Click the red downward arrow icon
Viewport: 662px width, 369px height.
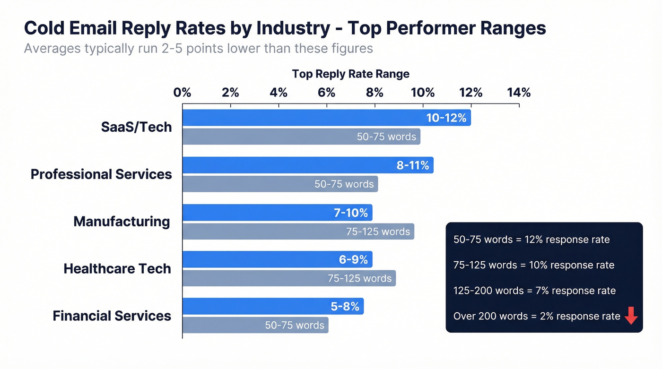coord(631,316)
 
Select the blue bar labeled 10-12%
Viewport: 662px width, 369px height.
coord(326,118)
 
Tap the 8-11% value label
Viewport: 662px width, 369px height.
coord(412,165)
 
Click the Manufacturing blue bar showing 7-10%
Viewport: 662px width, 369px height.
coord(278,213)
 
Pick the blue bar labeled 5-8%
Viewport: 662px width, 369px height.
coord(273,306)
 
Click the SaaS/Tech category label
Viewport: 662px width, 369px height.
coord(136,127)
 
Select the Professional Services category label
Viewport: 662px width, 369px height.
coord(101,174)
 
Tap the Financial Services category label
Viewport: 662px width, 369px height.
coord(112,316)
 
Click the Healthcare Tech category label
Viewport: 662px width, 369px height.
coord(117,269)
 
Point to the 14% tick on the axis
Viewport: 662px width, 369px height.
coord(519,93)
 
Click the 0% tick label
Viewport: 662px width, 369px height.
coord(183,93)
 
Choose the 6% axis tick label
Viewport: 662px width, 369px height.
coord(326,93)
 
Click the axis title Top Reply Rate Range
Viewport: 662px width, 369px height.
coord(350,74)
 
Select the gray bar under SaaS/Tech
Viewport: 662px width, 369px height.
coord(301,137)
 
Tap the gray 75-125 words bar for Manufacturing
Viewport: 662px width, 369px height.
coord(298,231)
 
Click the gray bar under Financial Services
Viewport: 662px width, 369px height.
coord(255,325)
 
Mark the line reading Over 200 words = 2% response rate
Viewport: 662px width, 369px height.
coord(536,316)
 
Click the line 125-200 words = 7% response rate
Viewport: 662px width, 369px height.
coord(534,291)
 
